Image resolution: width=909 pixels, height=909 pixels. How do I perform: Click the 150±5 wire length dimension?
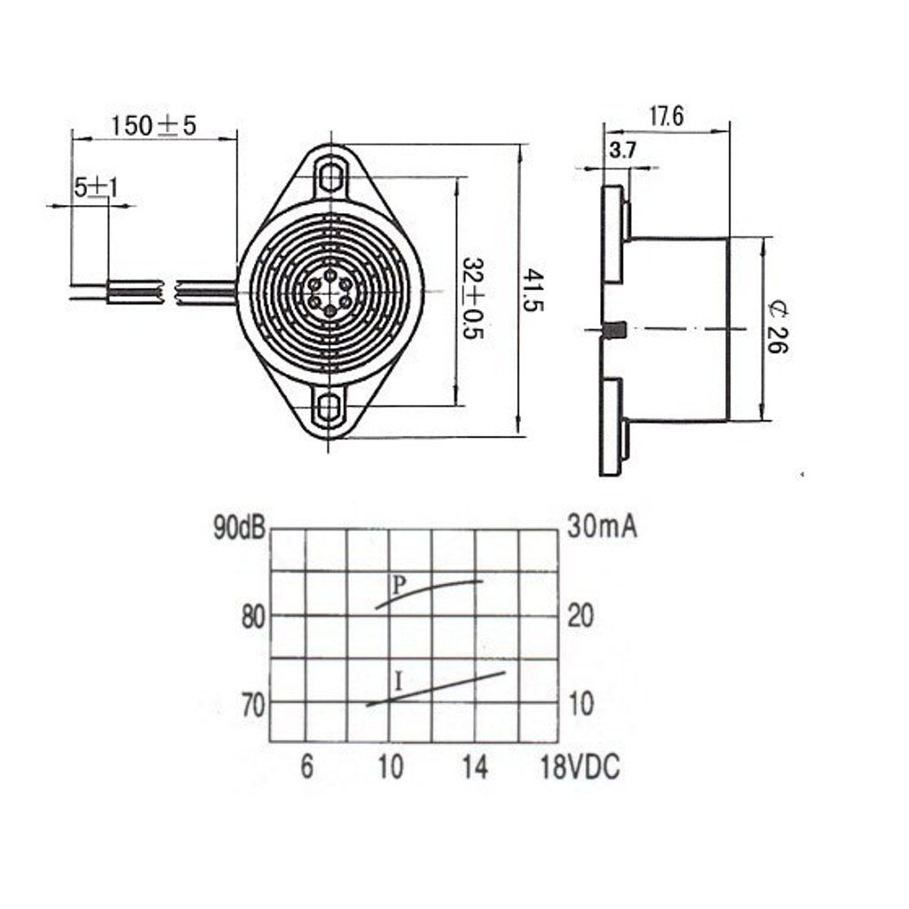pos(153,125)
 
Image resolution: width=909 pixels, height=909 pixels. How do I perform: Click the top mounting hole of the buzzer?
pos(332,175)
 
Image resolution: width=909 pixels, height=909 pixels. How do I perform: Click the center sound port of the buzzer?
pos(330,291)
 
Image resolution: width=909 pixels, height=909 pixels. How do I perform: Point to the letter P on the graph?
pos(399,585)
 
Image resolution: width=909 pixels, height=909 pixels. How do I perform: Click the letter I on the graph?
pos(399,683)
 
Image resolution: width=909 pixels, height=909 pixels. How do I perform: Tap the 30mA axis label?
pos(603,527)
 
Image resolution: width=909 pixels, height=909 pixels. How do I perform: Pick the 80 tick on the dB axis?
pos(253,616)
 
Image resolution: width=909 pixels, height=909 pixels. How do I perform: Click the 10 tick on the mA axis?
pos(581,705)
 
